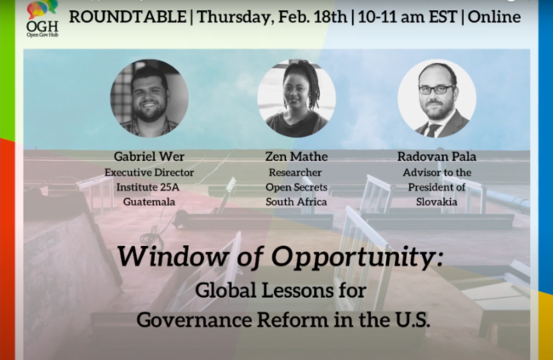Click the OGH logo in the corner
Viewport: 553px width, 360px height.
[43, 19]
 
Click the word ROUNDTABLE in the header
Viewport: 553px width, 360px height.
[128, 17]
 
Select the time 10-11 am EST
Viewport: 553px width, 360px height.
[408, 17]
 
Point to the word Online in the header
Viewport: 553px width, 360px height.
[494, 17]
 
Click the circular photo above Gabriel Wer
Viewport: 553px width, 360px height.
[149, 98]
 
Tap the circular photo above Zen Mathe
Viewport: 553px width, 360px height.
[297, 98]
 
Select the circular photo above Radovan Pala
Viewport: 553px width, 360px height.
[437, 98]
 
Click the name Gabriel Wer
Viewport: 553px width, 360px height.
[149, 157]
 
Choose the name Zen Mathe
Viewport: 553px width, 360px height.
[297, 157]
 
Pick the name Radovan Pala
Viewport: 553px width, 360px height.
[437, 157]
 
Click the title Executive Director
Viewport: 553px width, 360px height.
[149, 173]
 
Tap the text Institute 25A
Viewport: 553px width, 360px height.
[148, 187]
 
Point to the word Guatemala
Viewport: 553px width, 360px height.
[149, 202]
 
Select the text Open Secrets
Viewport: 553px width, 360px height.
[297, 187]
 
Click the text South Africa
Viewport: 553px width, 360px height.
[296, 202]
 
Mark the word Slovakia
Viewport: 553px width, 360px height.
[436, 202]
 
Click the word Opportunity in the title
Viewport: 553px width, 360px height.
[357, 257]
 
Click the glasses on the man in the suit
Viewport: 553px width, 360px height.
[436, 89]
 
